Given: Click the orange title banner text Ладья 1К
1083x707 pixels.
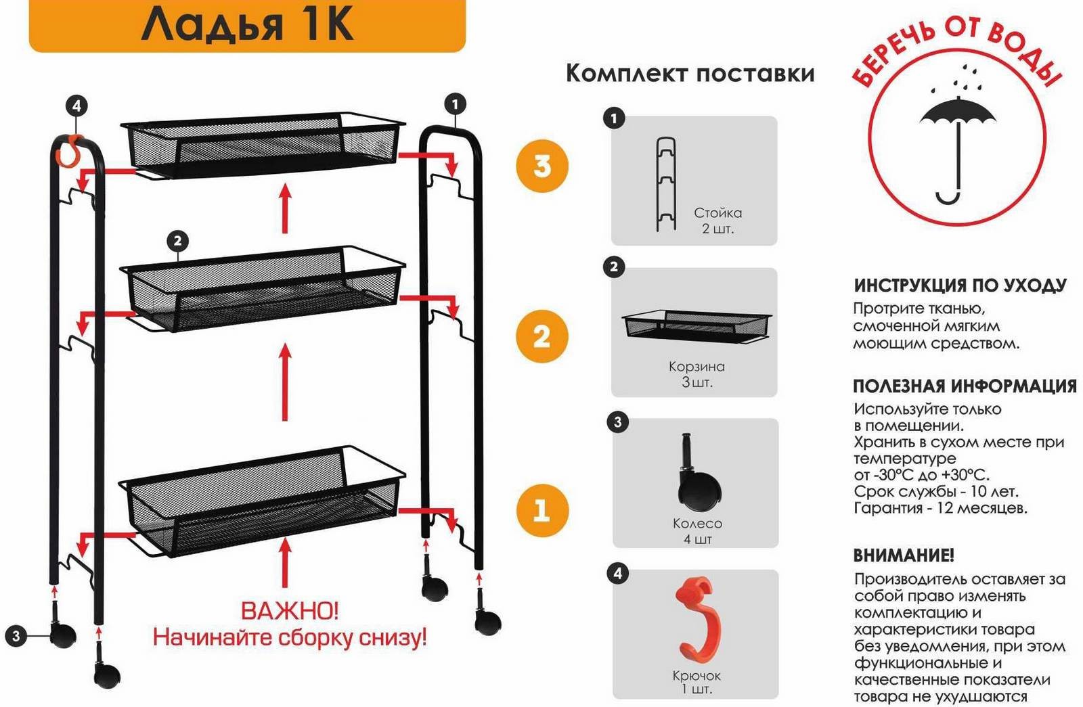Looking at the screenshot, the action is [247, 24].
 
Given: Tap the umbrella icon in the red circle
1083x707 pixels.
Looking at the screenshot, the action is [957, 145].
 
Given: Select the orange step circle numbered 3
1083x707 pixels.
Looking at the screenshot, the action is [542, 166].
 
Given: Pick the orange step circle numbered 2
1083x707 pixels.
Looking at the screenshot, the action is [542, 336].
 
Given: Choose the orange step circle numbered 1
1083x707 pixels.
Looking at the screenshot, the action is [541, 510].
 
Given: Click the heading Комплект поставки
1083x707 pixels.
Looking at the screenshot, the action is [690, 74].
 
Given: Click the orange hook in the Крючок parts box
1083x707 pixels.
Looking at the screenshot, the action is [698, 620].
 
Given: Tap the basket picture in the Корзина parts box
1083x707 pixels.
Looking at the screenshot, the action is [697, 327].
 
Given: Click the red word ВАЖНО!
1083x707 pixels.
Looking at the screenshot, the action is [290, 612].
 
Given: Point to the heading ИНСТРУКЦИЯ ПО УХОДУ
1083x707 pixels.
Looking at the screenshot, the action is [960, 285].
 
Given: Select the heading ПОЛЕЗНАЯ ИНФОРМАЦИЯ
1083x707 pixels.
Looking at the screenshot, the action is [965, 386].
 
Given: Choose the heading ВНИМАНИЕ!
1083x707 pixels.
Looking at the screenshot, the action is [904, 555].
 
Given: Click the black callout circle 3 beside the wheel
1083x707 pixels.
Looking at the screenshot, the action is [16, 636].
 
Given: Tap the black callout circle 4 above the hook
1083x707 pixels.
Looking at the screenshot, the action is [77, 106].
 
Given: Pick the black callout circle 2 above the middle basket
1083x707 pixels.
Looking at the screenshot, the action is [177, 241].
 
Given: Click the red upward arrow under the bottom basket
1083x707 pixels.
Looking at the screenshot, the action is [286, 562].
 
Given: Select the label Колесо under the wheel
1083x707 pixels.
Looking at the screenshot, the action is [697, 524].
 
